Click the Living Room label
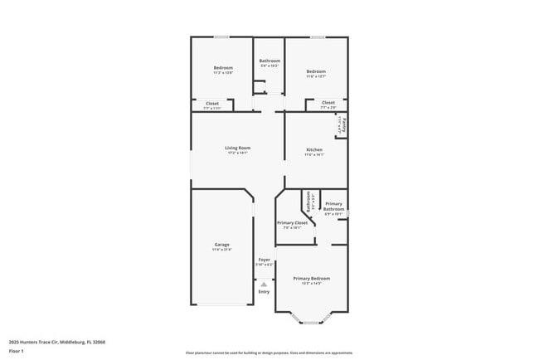pos(238,148)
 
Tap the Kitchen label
pos(313,149)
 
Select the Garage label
pos(222,244)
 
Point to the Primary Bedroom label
pos(312,278)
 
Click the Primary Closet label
pos(292,222)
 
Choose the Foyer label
pos(264,260)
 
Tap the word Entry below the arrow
pos(264,291)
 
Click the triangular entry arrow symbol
pos(264,284)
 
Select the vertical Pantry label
pos(343,125)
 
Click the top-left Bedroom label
pos(223,67)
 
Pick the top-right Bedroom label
pos(316,71)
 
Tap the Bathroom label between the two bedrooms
pos(269,61)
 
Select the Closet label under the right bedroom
pos(328,102)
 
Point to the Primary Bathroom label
pos(333,206)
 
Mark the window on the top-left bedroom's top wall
pos(222,36)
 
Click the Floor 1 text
pos(17,351)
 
